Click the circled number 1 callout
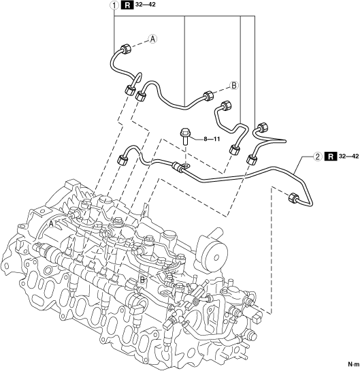pos(114,5)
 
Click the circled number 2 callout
pos(318,157)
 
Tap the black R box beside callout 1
pos(127,5)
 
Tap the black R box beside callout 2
pos(331,157)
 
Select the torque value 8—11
pos(212,139)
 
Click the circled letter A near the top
pos(153,39)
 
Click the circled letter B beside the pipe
pos(234,85)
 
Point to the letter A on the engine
pos(51,223)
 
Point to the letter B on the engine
pos(142,280)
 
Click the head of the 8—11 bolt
pos(184,131)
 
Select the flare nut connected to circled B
pos(208,96)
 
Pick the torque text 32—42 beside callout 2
pos(349,156)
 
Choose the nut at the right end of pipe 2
pos(293,198)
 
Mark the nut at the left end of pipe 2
pos(122,159)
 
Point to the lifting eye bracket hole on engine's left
pos(22,227)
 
